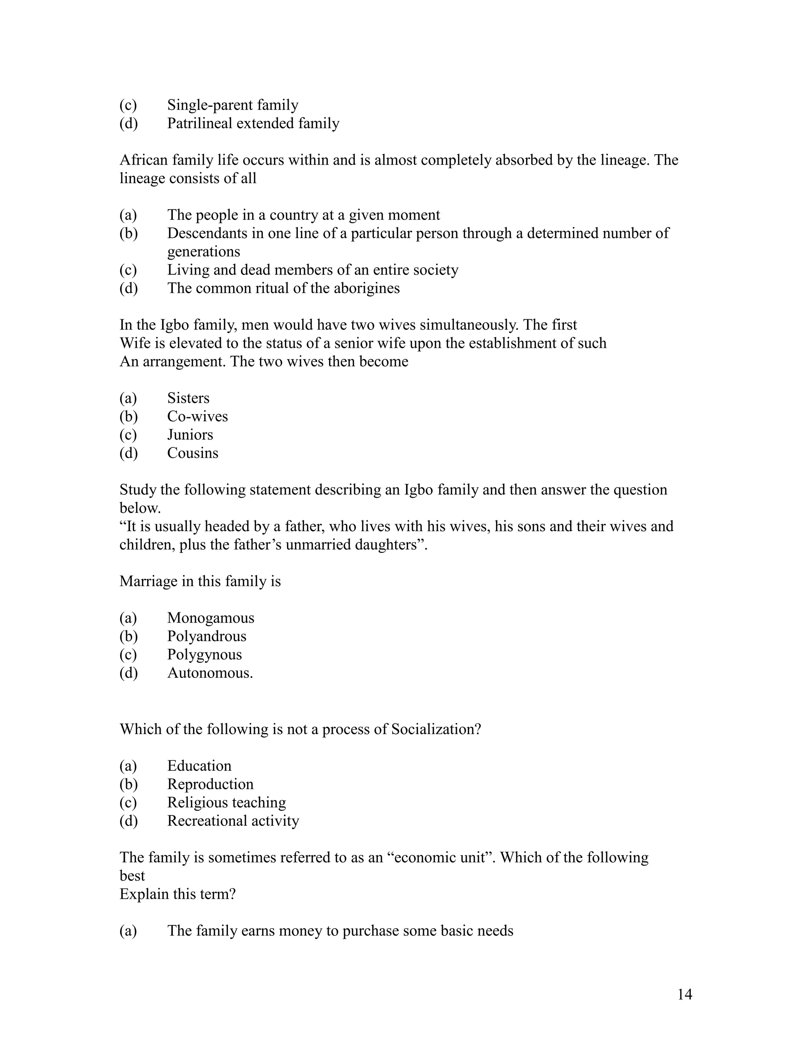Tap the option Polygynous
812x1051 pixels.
205,654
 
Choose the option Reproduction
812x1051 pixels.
210,784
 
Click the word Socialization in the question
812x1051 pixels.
435,729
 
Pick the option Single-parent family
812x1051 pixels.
233,105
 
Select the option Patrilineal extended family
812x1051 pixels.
253,123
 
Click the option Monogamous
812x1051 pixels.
211,618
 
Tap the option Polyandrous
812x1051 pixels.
207,636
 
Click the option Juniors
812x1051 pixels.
190,435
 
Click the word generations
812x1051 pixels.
203,252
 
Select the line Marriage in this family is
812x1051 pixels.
200,581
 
